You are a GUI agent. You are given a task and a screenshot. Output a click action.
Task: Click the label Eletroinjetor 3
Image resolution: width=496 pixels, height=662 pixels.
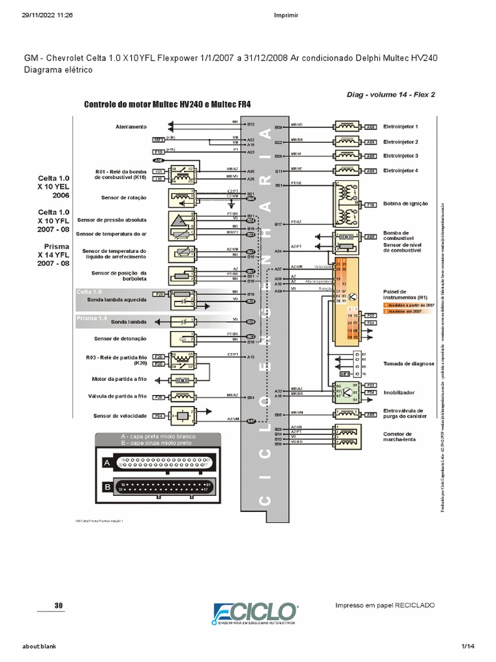tap(401, 156)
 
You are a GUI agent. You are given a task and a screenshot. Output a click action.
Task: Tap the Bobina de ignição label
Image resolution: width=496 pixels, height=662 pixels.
tap(406, 203)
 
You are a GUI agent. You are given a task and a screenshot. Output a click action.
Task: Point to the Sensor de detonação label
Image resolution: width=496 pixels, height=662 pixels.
tap(120, 338)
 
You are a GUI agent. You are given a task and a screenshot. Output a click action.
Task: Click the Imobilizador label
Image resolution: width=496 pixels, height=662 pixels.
tap(399, 392)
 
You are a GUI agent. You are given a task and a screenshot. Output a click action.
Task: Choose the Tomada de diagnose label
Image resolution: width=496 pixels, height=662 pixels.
tap(409, 363)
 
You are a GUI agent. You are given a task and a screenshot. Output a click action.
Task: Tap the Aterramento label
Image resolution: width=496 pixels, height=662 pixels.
tap(132, 127)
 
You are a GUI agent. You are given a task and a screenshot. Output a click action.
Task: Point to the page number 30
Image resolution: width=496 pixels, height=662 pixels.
tap(59, 606)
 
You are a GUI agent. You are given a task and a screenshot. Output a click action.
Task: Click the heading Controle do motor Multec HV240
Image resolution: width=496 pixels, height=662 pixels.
tap(167, 103)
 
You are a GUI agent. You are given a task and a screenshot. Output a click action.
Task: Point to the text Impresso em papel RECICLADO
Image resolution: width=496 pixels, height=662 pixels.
tap(385, 605)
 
